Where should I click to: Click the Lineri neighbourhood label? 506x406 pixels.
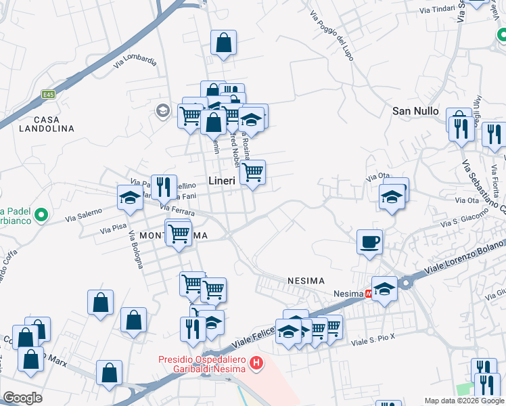tap(222, 181)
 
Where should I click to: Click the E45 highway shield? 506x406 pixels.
tap(47, 95)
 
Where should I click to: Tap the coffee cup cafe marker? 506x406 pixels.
tap(369, 242)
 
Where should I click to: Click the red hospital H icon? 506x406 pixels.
tap(256, 364)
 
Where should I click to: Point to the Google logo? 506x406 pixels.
tap(23, 399)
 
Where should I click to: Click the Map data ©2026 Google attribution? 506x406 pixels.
tap(464, 401)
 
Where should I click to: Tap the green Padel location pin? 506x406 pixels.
tap(41, 216)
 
